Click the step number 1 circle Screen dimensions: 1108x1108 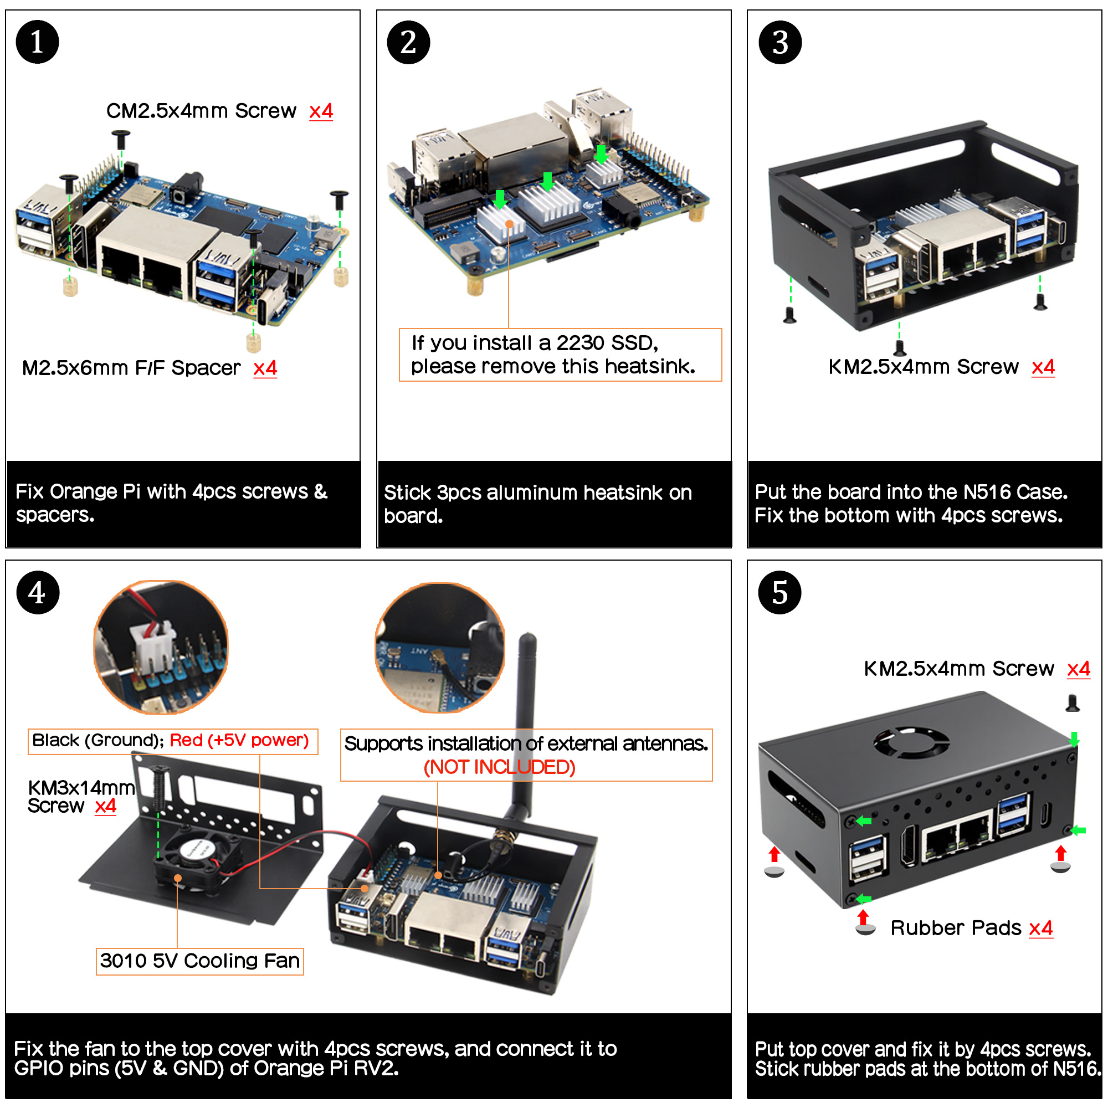pos(37,42)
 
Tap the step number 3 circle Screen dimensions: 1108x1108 pos(779,42)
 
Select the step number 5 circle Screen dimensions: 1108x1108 pos(779,592)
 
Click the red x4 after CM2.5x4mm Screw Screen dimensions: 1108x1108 pos(321,111)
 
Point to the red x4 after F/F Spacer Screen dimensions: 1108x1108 pos(265,368)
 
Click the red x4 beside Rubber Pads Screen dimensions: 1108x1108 pos(1040,927)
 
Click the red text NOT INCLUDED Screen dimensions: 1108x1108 pos(499,767)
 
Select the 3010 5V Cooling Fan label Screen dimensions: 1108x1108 pos(199,961)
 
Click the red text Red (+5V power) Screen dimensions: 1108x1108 pos(239,740)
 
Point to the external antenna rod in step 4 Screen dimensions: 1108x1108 pos(525,717)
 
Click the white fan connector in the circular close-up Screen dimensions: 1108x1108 pos(150,642)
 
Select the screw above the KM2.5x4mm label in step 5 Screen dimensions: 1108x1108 pos(1073,703)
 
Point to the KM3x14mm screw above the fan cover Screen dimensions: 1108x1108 pos(159,783)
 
